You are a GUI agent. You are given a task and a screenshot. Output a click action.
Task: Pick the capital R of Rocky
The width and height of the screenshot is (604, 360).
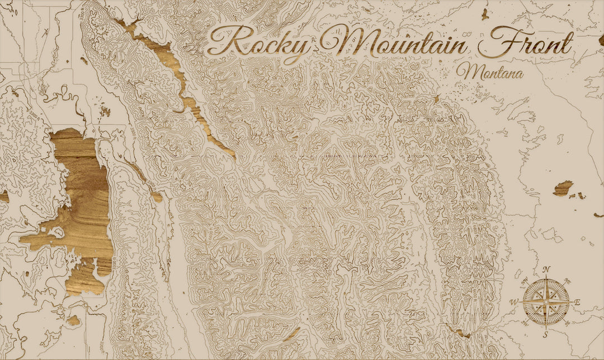click(x=226, y=41)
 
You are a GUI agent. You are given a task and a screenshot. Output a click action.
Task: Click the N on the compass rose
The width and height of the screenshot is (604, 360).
click(x=546, y=269)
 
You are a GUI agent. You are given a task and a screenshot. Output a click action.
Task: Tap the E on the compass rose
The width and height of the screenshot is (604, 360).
click(x=577, y=303)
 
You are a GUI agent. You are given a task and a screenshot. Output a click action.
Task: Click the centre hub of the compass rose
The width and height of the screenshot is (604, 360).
click(x=546, y=302)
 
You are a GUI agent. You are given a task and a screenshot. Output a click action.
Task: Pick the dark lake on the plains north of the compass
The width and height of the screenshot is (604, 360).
click(x=563, y=188)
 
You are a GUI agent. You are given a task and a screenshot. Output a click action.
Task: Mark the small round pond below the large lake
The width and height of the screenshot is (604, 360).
click(x=73, y=320)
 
